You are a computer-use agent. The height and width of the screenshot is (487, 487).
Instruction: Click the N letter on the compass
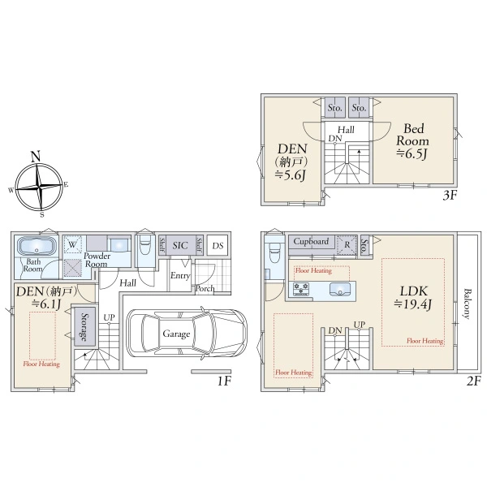36,156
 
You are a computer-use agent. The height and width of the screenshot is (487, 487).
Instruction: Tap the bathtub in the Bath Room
37,247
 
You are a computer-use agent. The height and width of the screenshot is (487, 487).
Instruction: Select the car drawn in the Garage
187,334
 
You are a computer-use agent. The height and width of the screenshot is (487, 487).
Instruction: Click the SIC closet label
180,245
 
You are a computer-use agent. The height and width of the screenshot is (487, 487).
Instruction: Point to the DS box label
218,246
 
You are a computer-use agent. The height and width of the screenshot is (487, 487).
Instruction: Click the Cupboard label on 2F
311,242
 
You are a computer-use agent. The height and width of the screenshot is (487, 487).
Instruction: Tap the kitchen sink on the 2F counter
340,289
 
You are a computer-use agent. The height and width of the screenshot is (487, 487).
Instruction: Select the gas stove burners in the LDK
301,289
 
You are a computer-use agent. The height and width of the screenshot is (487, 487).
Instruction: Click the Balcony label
467,304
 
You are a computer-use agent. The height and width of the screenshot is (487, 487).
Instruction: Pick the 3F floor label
450,196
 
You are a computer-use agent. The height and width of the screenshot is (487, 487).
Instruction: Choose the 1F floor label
224,381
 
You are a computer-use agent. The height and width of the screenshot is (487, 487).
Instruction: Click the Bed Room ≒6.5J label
412,141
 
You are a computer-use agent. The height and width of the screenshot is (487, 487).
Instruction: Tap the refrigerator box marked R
347,245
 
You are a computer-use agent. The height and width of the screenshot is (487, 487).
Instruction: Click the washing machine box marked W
72,245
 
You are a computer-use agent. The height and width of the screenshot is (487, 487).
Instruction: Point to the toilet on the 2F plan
274,252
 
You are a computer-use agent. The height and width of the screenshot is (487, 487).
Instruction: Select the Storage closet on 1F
84,326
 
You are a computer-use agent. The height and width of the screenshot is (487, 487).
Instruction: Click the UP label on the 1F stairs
109,317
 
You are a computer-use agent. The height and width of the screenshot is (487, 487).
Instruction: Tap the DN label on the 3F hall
335,139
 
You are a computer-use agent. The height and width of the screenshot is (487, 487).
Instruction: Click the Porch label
205,288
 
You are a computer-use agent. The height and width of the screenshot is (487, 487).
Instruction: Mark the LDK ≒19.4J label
413,298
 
